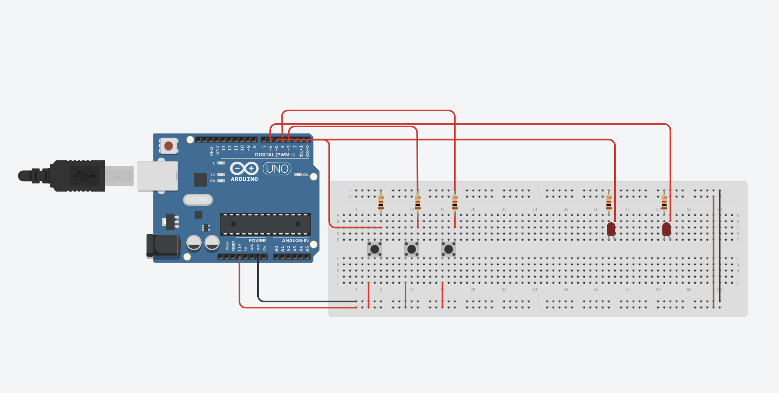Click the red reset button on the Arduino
pos(169,146)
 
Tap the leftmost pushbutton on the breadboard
pos(375,249)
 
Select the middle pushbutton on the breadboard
pos(411,249)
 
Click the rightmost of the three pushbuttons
pos(449,249)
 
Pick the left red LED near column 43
pos(611,229)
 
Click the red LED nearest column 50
pos(667,229)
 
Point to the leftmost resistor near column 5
pos(381,203)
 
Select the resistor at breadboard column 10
pos(418,203)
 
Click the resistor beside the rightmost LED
pos(664,203)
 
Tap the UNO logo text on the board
pos(277,169)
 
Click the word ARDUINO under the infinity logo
pos(244,179)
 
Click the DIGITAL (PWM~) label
pos(275,155)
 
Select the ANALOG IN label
pos(295,240)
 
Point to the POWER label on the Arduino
pos(257,240)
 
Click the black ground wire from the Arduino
pos(298,301)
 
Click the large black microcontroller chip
pos(265,224)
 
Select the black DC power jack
pos(163,246)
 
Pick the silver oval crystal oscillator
pos(198,200)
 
